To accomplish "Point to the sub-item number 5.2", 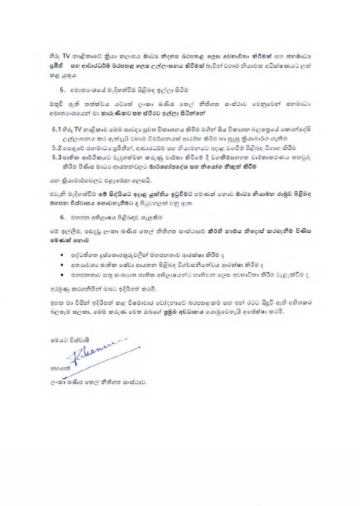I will (x=57, y=148).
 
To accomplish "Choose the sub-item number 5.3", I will (x=57, y=157).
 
